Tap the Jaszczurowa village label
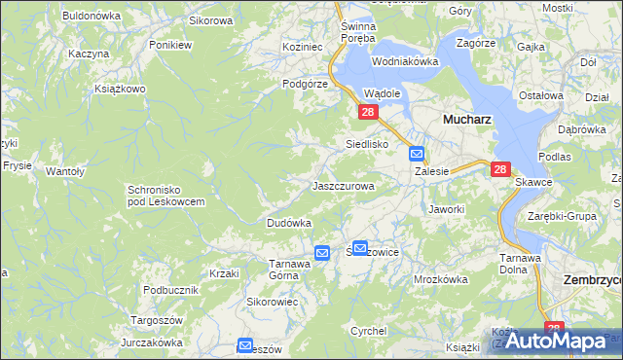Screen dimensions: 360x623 point(343,185)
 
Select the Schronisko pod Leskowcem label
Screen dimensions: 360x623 point(165,196)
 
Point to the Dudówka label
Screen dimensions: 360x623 point(289,223)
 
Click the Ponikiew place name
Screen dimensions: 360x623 point(169,45)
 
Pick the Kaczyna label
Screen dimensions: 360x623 point(89,54)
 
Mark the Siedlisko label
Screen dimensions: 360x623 point(368,144)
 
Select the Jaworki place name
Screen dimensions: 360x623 point(446,208)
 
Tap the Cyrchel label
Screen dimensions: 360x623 point(369,331)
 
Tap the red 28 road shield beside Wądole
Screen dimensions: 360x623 point(368,113)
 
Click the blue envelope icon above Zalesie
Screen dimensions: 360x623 point(417,153)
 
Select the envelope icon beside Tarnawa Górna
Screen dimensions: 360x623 point(322,253)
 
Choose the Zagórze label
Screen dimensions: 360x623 point(476,44)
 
